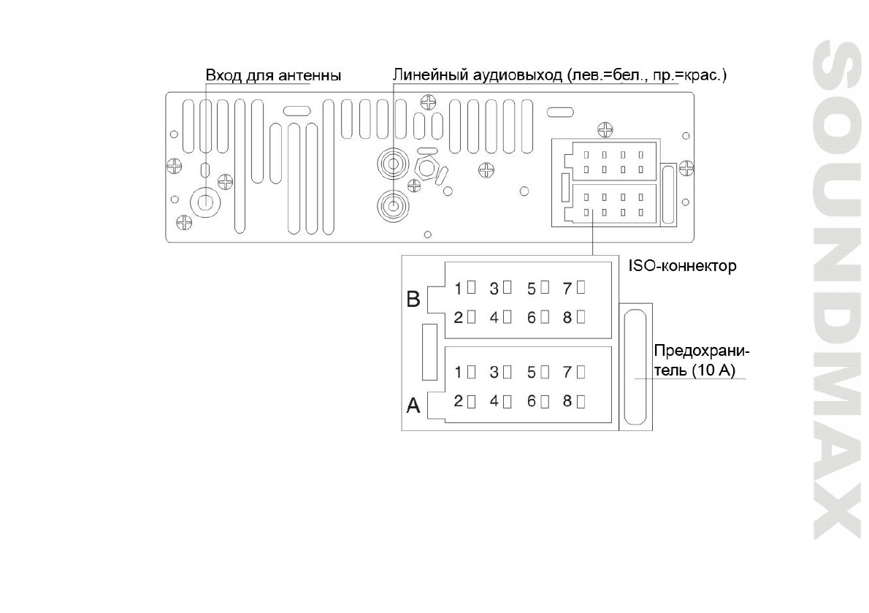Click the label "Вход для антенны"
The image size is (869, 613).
pyautogui.click(x=273, y=75)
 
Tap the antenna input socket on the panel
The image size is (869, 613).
pyautogui.click(x=205, y=202)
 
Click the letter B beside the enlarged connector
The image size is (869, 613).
pyautogui.click(x=413, y=300)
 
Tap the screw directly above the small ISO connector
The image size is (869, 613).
pyautogui.click(x=605, y=131)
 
